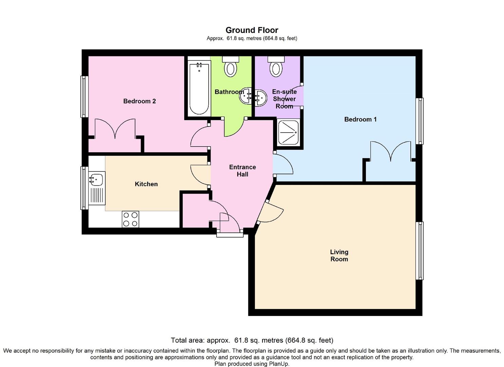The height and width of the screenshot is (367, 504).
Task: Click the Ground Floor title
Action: pyautogui.click(x=252, y=30)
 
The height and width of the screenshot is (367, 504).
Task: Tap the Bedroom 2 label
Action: pyautogui.click(x=139, y=101)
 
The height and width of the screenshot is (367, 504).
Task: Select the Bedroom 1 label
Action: pyautogui.click(x=360, y=119)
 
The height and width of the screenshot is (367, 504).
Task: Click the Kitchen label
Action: pyautogui.click(x=146, y=184)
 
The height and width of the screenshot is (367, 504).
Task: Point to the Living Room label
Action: pyautogui.click(x=339, y=256)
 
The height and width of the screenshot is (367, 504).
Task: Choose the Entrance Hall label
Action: pyautogui.click(x=243, y=171)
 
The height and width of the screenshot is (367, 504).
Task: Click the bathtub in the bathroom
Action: pyautogui.click(x=199, y=89)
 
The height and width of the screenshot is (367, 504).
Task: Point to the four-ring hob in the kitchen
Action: pyautogui.click(x=131, y=219)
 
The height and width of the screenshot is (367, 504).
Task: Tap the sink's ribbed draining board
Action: pyautogui.click(x=97, y=195)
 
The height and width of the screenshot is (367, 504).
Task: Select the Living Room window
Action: pyautogui.click(x=419, y=251)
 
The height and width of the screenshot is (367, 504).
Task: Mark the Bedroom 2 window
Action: pyautogui.click(x=85, y=97)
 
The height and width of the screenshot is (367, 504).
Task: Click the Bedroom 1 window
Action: pyautogui.click(x=419, y=121)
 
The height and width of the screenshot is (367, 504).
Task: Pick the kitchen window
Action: pyautogui.click(x=85, y=188)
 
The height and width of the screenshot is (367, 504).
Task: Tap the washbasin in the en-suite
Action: pyautogui.click(x=261, y=98)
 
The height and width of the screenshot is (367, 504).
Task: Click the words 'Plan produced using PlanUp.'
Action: pyautogui.click(x=252, y=364)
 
